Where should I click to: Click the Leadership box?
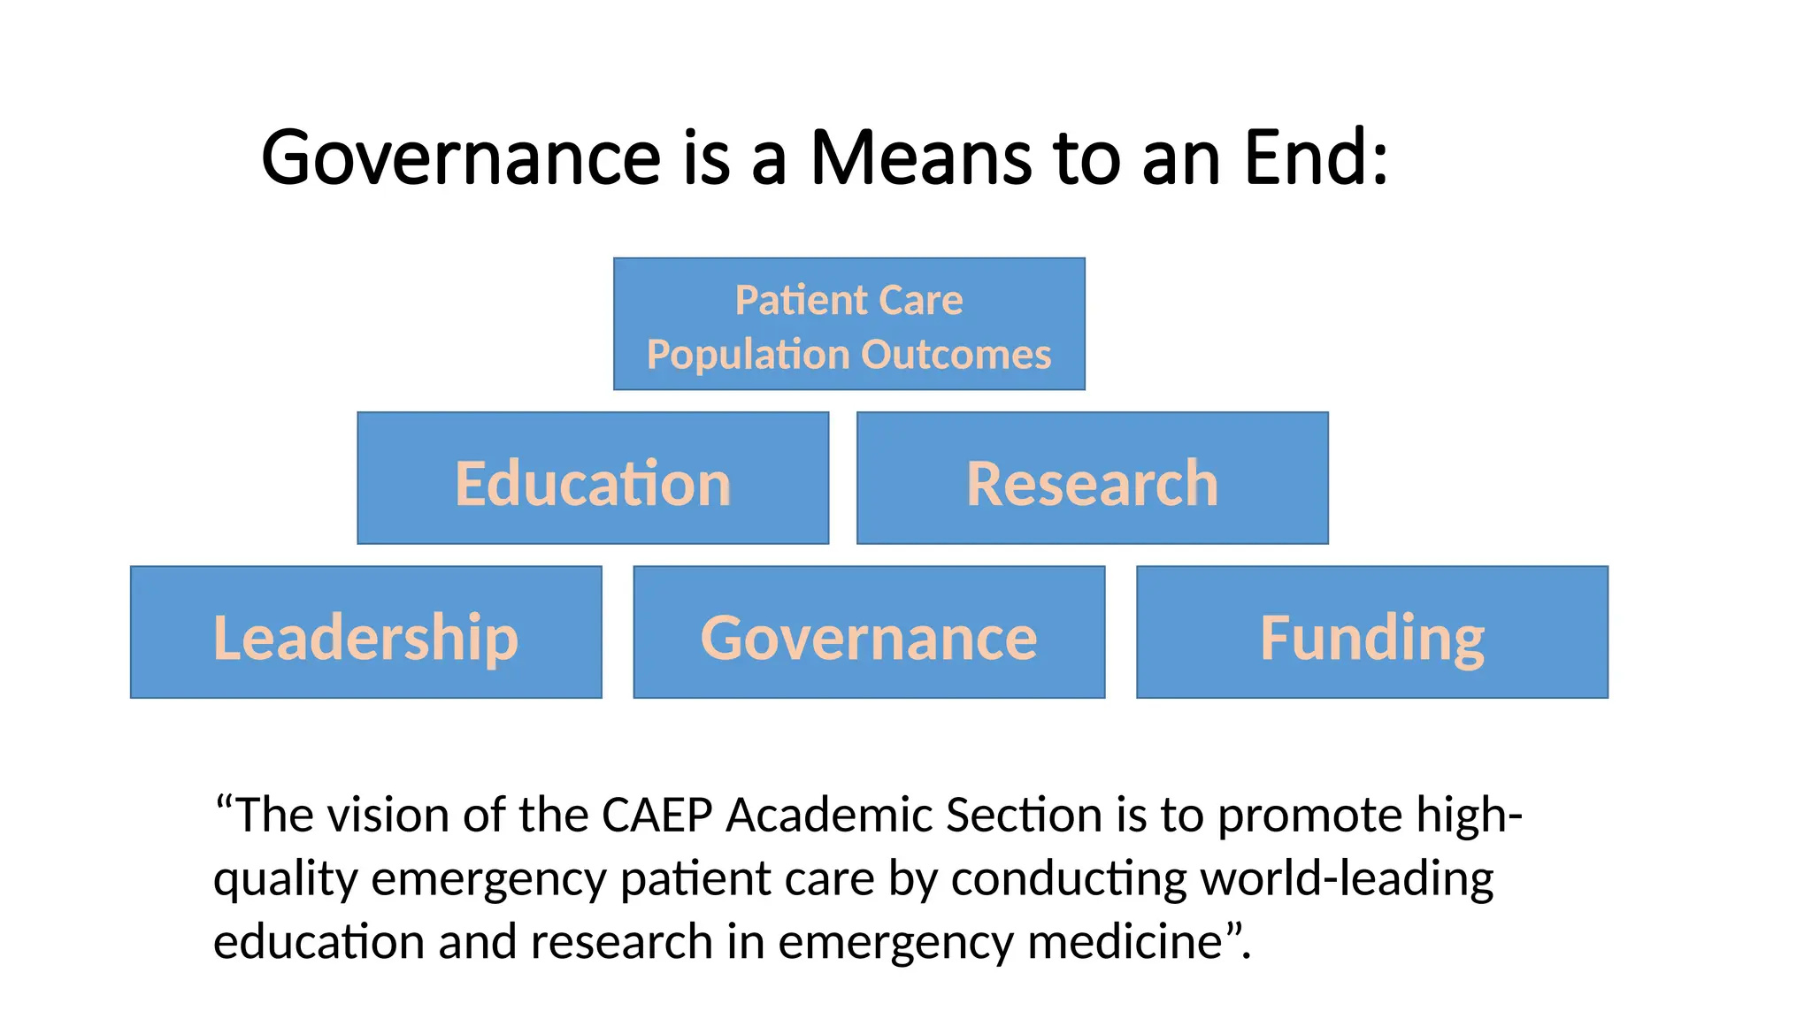pyautogui.click(x=365, y=632)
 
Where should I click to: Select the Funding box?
pyautogui.click(x=1371, y=632)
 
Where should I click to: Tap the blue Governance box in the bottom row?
pyautogui.click(x=869, y=632)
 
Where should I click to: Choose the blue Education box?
pyautogui.click(x=593, y=479)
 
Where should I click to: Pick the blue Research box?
pyautogui.click(x=1092, y=479)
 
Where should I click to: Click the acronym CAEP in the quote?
pyautogui.click(x=656, y=815)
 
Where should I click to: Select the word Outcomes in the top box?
pyautogui.click(x=956, y=355)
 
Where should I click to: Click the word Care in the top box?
pyautogui.click(x=921, y=301)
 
